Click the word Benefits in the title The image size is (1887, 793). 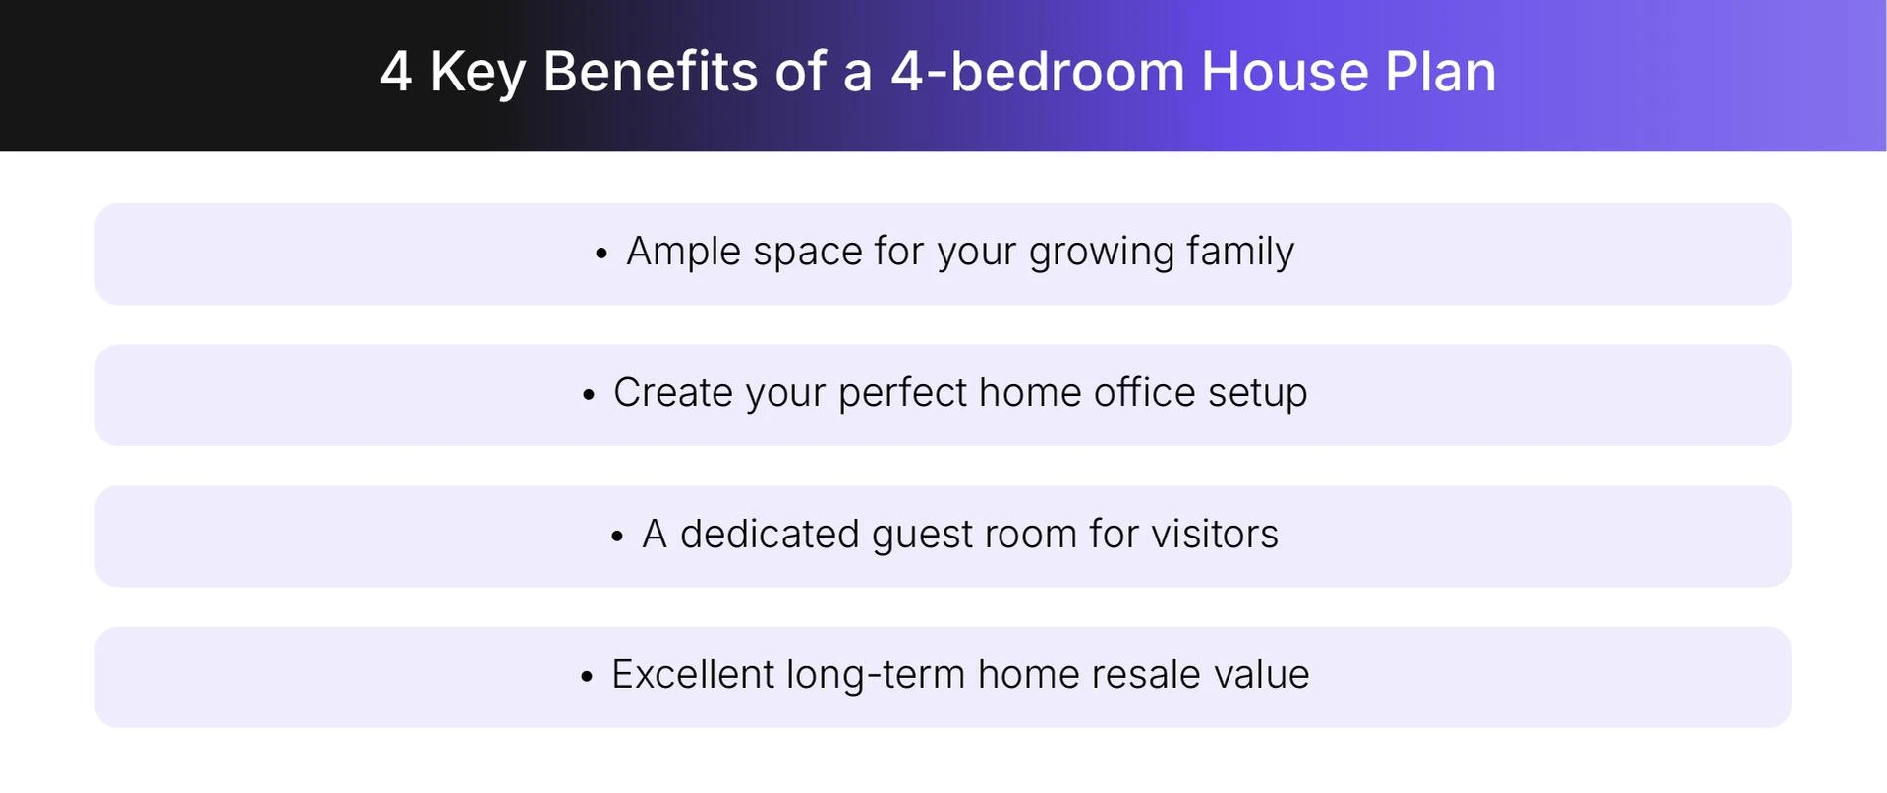tap(650, 72)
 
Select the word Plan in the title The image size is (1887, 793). tap(1440, 72)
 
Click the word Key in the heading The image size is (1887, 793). tap(478, 74)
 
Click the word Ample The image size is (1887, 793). tap(683, 253)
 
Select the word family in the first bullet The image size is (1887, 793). tap(1240, 252)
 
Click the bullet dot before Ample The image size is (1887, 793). tap(601, 255)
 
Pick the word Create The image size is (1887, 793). tap(673, 393)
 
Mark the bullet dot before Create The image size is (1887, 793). tap(589, 396)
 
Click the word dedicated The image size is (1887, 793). tap(770, 535)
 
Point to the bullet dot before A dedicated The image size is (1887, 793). tap(617, 538)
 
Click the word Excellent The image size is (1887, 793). tap(693, 675)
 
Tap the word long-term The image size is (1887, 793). tap(876, 676)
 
